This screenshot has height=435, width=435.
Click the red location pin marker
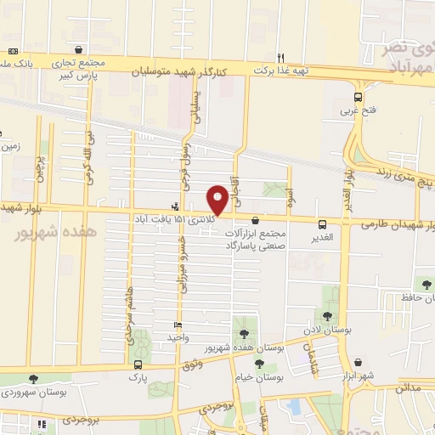(x=218, y=200)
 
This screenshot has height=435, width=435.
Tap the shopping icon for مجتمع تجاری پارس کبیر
(x=79, y=50)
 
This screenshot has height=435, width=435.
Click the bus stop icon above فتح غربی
(x=358, y=97)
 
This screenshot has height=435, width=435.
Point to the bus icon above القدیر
(x=321, y=224)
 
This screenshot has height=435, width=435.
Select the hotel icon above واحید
(x=178, y=325)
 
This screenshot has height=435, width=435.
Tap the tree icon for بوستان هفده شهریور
(x=245, y=333)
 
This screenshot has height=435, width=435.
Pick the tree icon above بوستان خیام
(x=258, y=363)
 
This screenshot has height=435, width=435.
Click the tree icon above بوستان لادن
(x=327, y=316)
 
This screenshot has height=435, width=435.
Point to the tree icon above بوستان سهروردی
(x=33, y=379)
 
